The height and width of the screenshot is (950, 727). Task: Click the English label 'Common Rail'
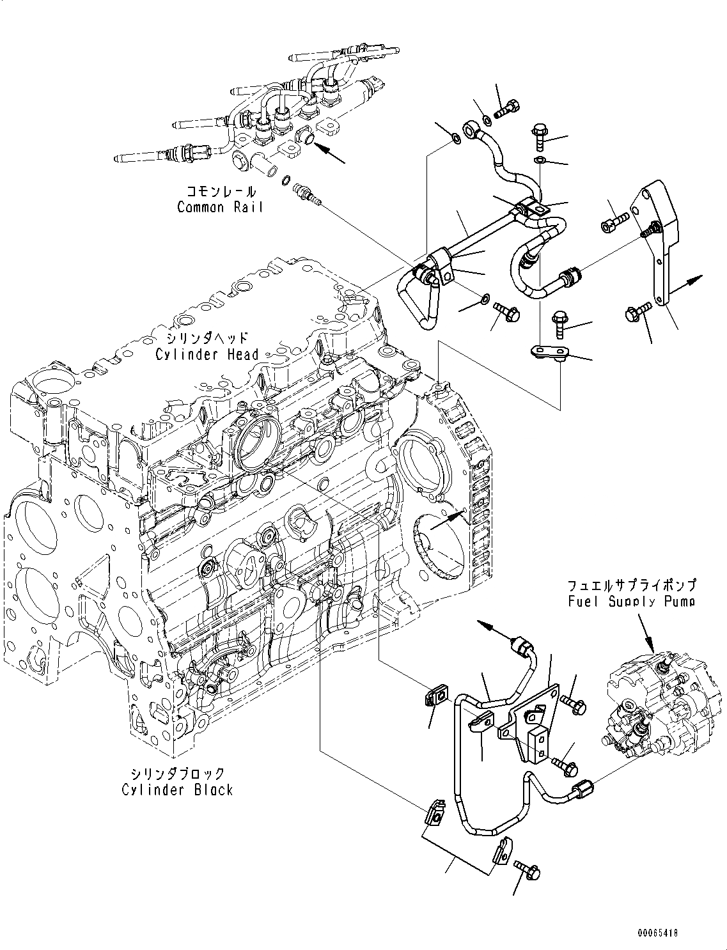coord(219,207)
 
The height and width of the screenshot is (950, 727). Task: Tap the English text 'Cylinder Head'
coord(207,354)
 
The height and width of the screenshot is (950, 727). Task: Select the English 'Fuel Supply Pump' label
coord(630,602)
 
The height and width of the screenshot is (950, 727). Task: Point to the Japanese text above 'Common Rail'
coord(221,191)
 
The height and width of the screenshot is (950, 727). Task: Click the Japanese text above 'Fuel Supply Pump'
coord(630,585)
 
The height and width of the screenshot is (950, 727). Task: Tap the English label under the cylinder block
coord(177,790)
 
